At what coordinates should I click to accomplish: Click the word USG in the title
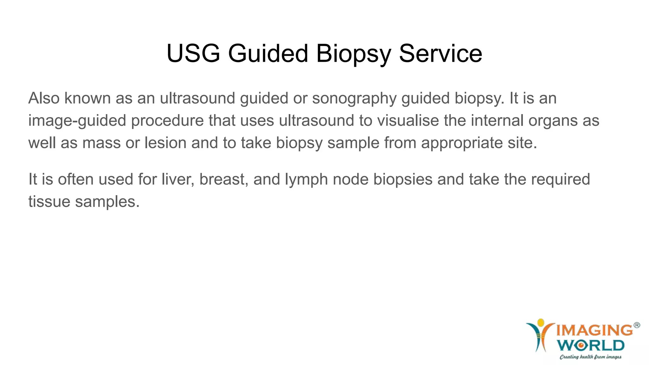(x=193, y=53)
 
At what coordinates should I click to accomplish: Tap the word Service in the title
(x=440, y=53)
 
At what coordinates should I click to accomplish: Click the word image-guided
(x=77, y=121)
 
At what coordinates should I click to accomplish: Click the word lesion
(x=165, y=143)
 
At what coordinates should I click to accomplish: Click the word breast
(x=224, y=179)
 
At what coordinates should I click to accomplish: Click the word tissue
(x=49, y=202)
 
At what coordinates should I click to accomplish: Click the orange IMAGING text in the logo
(x=594, y=330)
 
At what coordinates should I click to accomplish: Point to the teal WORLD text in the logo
(x=591, y=345)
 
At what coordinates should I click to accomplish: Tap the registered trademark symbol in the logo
(x=637, y=325)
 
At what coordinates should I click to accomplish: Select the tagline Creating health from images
(x=590, y=357)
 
